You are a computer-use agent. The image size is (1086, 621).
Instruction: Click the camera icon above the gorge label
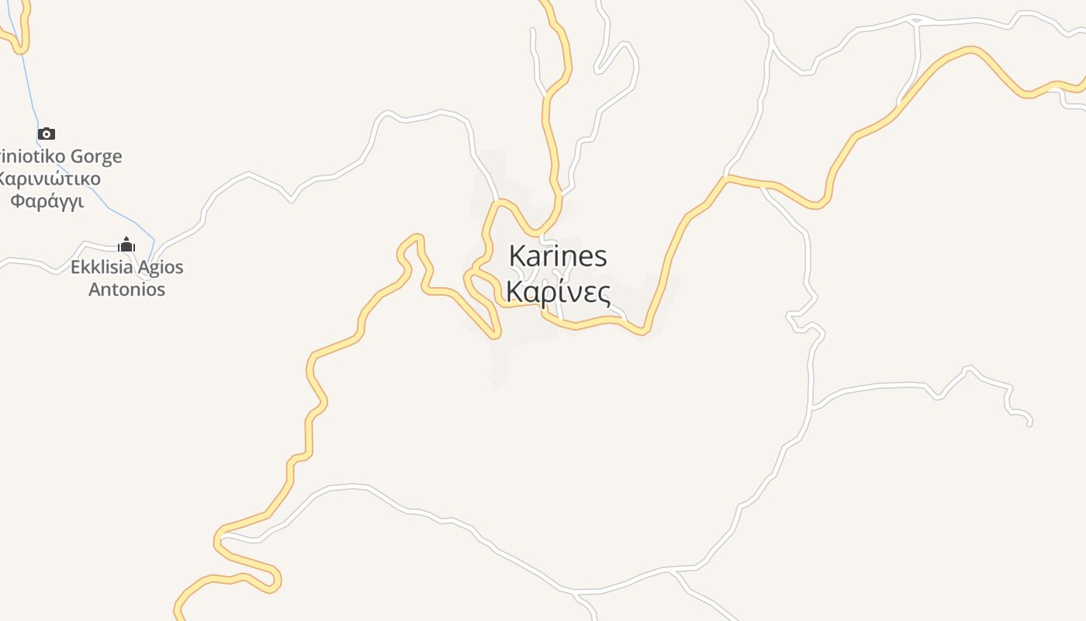47,134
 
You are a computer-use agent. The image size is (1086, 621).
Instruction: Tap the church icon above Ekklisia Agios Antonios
126,245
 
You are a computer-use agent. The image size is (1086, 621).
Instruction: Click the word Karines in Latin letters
558,256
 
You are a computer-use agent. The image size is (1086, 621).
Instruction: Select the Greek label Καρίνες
558,291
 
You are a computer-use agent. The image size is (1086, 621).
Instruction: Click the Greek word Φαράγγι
47,201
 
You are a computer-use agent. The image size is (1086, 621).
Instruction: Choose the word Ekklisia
101,268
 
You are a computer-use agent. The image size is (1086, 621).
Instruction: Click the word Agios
161,268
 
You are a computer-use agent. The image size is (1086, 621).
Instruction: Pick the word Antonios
126,290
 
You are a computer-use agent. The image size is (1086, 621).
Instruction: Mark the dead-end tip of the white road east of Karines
1029,424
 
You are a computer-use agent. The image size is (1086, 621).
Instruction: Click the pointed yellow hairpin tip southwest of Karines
494,336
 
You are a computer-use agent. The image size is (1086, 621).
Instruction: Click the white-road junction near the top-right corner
916,20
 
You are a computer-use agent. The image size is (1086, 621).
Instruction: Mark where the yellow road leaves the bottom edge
178,617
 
